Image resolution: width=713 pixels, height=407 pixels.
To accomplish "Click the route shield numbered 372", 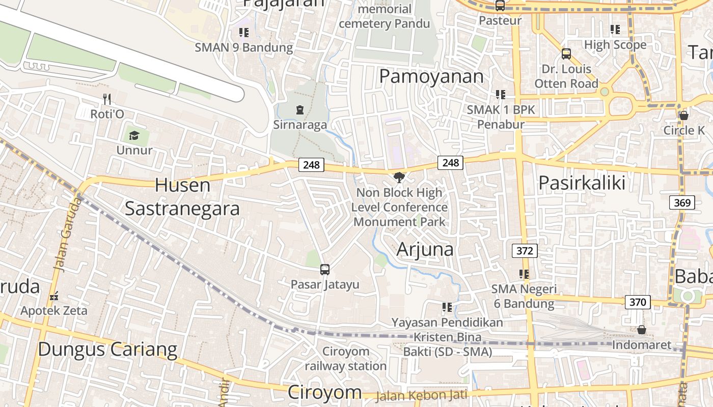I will pos(525,250).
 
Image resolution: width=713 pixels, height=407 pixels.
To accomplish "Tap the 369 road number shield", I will pos(682,203).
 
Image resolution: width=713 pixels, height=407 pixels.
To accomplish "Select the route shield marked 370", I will pos(637,302).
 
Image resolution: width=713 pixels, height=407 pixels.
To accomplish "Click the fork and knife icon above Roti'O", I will pos(107,99).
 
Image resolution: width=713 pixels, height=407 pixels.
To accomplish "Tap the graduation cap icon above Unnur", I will pos(134,135).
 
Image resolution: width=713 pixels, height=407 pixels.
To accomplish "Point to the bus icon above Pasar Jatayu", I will pos(325,270).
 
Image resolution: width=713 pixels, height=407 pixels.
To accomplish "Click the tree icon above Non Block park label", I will pos(399,178).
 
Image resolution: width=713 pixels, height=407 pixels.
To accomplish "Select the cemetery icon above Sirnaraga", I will pos(299,109).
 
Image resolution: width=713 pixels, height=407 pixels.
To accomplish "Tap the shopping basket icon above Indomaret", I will pos(642,330).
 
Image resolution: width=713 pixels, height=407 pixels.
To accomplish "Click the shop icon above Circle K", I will pos(684,115).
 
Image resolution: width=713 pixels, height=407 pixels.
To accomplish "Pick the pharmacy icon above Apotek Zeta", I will pos(54,296).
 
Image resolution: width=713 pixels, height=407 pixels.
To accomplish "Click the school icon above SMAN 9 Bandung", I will pos(244,33).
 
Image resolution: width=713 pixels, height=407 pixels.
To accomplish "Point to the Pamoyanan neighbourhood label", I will pos(431,76).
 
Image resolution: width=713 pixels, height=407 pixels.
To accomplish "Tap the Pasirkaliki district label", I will pos(582,183).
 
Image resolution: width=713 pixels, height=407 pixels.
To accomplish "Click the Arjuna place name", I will pos(425,249).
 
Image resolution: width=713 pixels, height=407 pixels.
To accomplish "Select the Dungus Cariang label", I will pos(107,350).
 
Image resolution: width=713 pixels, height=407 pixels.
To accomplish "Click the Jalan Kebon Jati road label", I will pos(421,395).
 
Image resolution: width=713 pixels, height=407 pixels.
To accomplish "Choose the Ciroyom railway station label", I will pos(346,359).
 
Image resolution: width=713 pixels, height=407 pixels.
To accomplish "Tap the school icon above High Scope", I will pos(615,30).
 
